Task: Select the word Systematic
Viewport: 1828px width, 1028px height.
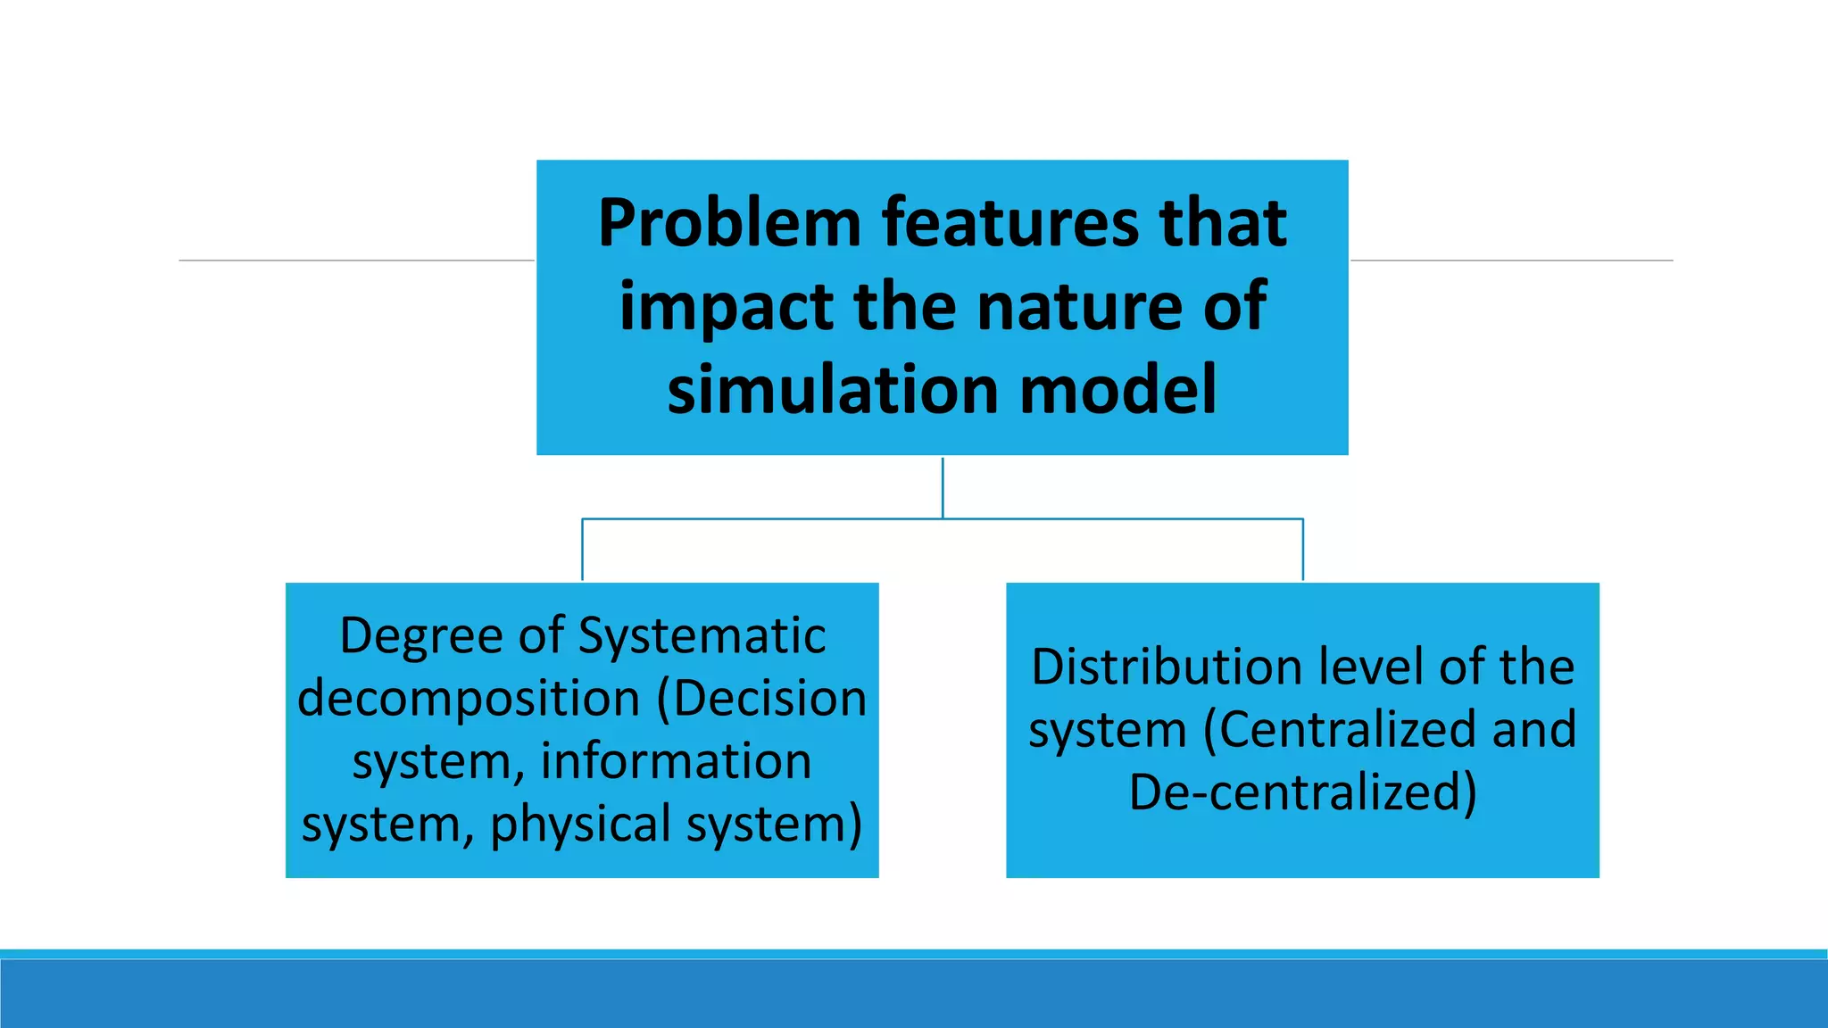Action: coord(702,637)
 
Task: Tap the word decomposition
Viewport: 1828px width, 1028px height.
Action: coord(469,699)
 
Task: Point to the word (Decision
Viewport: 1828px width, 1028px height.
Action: coord(761,699)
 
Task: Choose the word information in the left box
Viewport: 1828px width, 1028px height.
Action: coord(676,761)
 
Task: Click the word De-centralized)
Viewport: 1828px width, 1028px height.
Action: coord(1302,792)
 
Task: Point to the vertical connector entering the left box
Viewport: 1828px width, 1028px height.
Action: coord(583,550)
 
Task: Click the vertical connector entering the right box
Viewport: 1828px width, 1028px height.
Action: coord(1303,550)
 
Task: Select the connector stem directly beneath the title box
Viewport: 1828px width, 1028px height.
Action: coord(943,487)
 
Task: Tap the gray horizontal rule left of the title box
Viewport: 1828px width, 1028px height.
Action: coord(357,261)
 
